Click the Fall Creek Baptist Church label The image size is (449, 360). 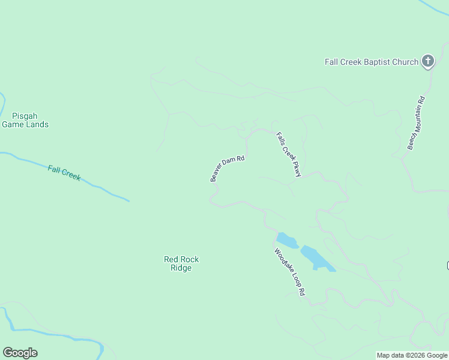(371, 62)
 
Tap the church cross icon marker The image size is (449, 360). (427, 61)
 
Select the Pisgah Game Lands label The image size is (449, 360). (25, 120)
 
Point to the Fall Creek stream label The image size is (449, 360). (64, 173)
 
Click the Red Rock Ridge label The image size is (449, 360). (181, 263)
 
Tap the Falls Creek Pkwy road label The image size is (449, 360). (288, 154)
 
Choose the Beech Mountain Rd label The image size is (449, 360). (416, 123)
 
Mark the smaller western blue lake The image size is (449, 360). (287, 240)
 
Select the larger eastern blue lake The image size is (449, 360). (316, 257)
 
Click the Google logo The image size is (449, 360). (20, 353)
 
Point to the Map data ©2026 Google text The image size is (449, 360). (412, 355)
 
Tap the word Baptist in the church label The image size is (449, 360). (378, 62)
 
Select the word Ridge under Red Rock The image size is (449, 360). (181, 268)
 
